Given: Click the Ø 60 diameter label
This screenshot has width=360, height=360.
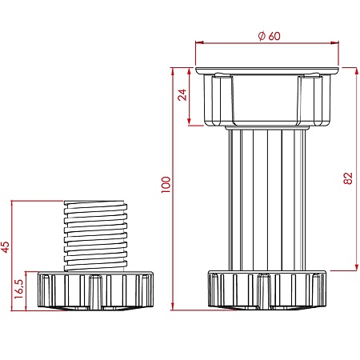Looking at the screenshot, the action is click(x=270, y=36).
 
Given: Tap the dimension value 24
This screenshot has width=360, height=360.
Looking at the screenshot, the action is click(x=182, y=94).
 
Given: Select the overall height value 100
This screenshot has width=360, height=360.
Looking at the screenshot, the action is click(x=166, y=185).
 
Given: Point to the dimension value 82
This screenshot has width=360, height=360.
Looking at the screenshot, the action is click(x=348, y=178).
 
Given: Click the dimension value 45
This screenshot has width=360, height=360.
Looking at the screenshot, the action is click(x=5, y=247).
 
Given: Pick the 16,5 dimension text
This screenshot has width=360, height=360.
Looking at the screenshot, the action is click(x=19, y=289).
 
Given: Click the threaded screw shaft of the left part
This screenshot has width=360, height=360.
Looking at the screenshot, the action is click(x=95, y=236).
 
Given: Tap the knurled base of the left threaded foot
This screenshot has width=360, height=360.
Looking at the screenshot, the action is click(x=95, y=291).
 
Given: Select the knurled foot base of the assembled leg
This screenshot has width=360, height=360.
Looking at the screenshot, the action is click(x=267, y=290).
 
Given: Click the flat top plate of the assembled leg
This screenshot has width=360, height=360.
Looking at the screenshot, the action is click(x=267, y=70).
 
